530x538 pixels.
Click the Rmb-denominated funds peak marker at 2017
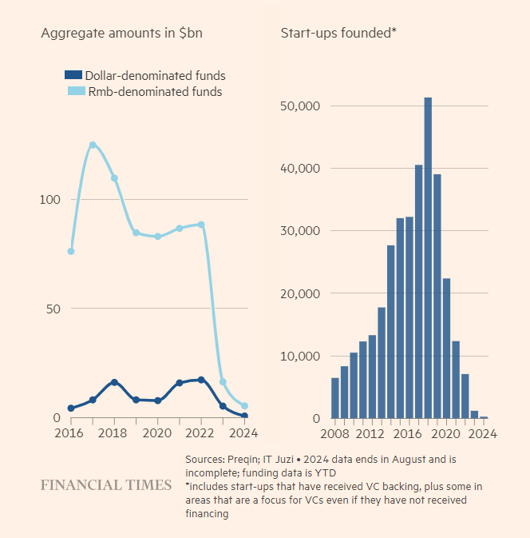point(93,145)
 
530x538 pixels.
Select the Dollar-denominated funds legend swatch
point(73,76)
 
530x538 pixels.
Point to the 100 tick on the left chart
point(50,199)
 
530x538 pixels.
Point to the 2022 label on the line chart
point(200,434)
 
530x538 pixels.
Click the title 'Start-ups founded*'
point(338,33)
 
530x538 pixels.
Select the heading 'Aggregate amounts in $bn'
point(121,33)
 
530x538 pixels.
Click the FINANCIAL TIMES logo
point(106,485)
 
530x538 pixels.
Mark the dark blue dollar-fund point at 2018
point(114,382)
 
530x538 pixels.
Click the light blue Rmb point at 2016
point(71,251)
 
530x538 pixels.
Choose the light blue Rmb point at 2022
point(201,225)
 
